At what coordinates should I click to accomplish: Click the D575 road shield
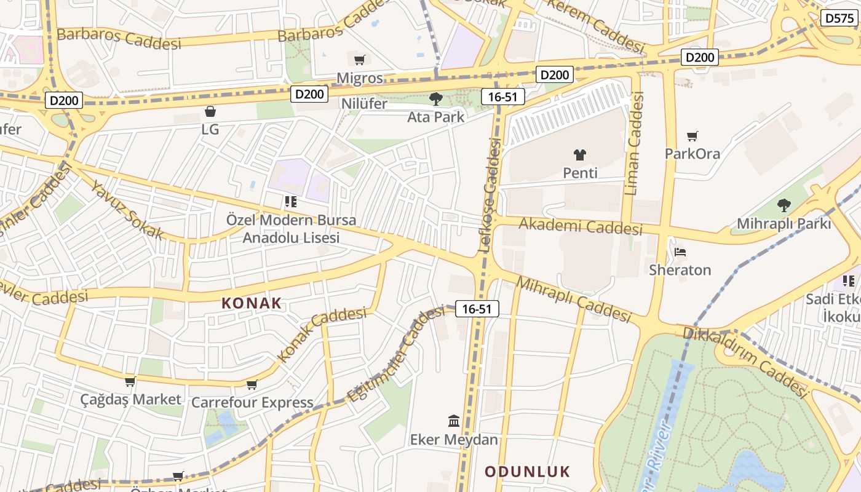click(839, 18)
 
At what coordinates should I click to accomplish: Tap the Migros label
click(360, 79)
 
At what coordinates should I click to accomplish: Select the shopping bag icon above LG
click(210, 111)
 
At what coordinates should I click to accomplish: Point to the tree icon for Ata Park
click(436, 98)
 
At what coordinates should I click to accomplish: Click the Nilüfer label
click(365, 103)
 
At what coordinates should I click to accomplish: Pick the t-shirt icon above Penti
click(580, 155)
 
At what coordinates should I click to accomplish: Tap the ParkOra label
click(692, 153)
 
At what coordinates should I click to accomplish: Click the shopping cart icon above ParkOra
click(692, 136)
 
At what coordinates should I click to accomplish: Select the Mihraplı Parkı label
click(784, 224)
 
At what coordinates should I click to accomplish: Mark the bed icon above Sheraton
click(680, 252)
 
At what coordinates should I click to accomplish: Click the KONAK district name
click(251, 303)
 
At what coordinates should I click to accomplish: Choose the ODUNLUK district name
click(528, 472)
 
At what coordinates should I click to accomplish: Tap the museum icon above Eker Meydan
click(454, 421)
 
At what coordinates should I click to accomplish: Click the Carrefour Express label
click(252, 403)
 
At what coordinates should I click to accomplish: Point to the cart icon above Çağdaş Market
click(130, 382)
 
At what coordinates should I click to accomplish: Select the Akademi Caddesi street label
click(581, 226)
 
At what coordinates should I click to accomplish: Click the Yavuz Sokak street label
click(127, 210)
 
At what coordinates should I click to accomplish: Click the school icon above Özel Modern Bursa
click(291, 201)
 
